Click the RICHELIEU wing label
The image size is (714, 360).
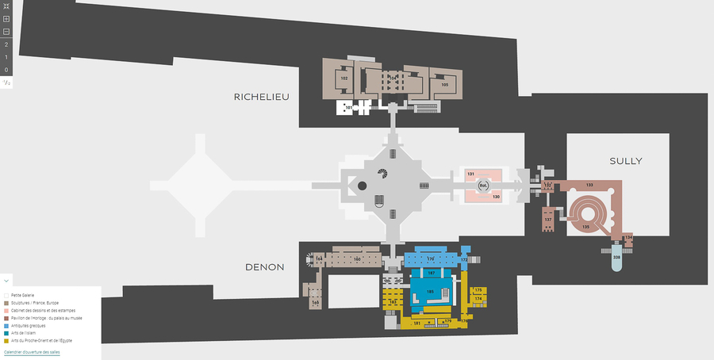click(261, 97)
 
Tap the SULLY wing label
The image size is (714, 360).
click(626, 161)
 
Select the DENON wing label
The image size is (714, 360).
click(264, 267)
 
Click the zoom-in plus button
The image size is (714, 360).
click(6, 18)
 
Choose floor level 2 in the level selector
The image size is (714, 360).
click(6, 44)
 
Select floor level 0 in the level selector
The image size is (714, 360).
click(6, 70)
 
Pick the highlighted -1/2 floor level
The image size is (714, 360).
click(6, 82)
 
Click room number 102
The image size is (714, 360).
click(344, 79)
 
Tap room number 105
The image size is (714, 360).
click(445, 84)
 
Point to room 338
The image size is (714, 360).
click(616, 258)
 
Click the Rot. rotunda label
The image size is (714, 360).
click(482, 186)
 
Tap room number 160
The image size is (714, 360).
click(357, 259)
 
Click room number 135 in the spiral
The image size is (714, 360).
click(585, 227)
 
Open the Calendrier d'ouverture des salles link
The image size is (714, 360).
click(32, 351)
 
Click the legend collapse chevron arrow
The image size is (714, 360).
click(6, 280)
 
